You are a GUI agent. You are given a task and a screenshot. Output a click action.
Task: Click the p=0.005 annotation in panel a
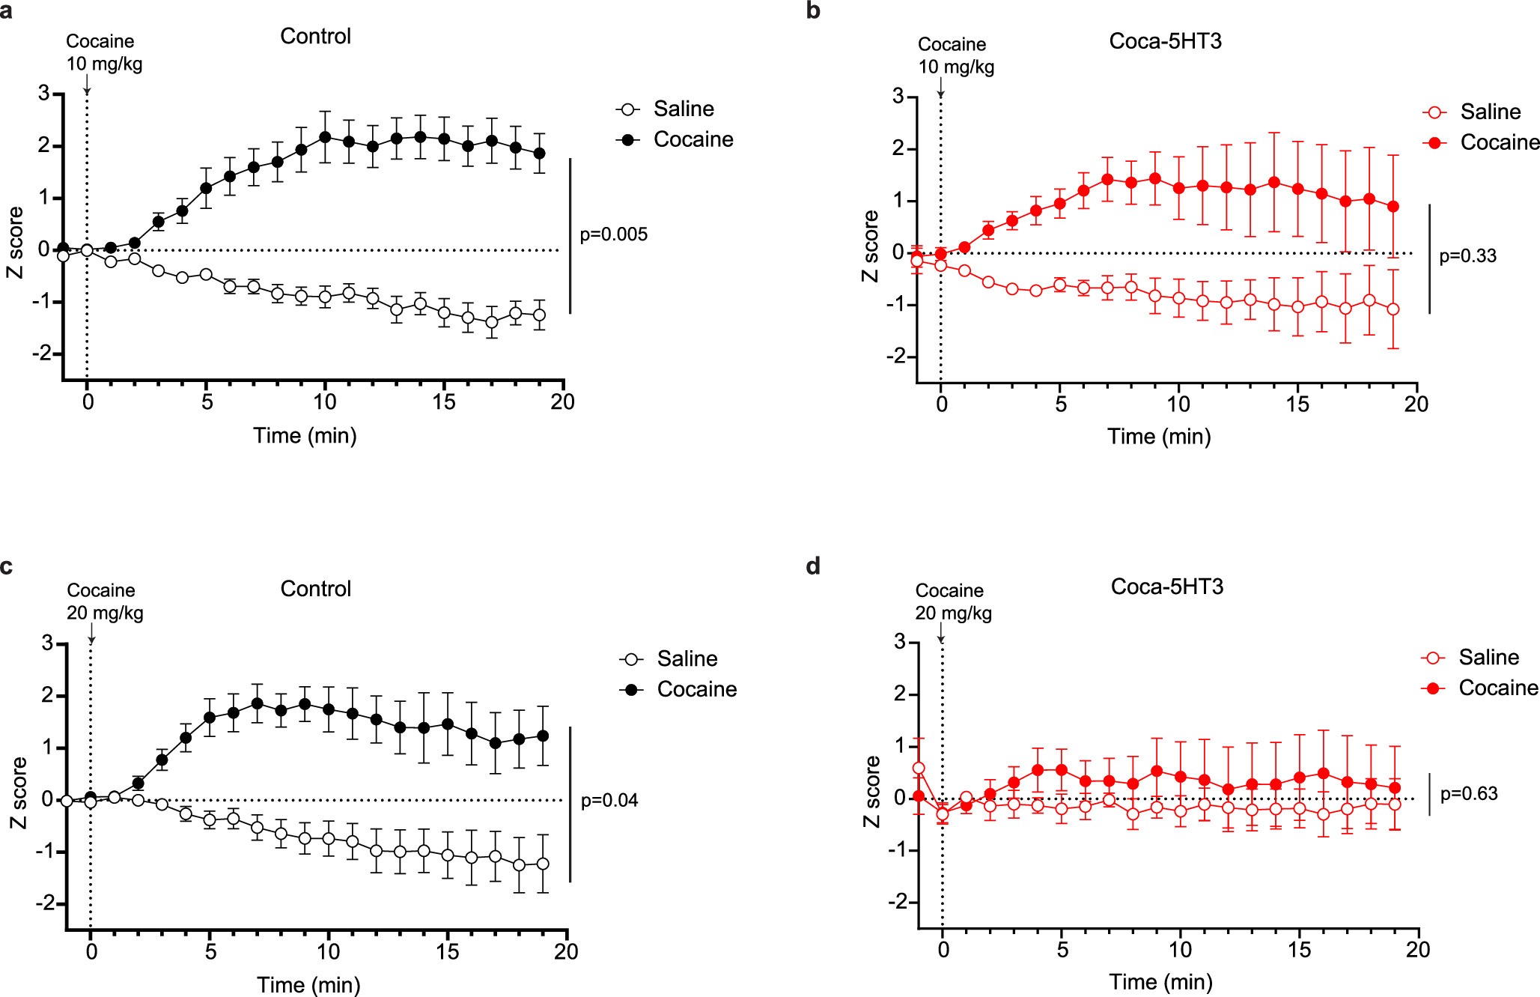click(x=613, y=234)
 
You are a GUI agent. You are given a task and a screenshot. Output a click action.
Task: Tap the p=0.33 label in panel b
click(x=1467, y=256)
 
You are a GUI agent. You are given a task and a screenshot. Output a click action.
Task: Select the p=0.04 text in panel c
click(x=609, y=801)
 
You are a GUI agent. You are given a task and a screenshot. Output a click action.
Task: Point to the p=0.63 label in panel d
click(x=1468, y=794)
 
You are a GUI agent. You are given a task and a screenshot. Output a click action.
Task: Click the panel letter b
click(x=813, y=11)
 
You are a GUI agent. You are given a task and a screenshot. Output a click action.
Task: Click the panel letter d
click(x=813, y=566)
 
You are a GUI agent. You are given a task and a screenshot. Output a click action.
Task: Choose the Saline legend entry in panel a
click(x=683, y=109)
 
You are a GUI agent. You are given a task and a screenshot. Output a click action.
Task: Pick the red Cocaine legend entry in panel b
click(x=1499, y=142)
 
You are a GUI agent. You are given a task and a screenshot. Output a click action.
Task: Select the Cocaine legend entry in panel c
click(x=696, y=689)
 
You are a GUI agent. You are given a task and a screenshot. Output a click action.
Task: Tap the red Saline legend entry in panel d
click(x=1488, y=658)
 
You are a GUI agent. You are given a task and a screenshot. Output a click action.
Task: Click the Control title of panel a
click(x=315, y=37)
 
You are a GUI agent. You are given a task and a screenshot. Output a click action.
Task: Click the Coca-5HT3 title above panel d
click(x=1166, y=587)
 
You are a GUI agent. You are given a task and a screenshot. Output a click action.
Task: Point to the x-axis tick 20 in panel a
click(x=562, y=402)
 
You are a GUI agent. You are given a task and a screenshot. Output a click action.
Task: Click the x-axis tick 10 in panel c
click(x=328, y=951)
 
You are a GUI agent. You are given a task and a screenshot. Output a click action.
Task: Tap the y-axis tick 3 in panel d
click(x=899, y=642)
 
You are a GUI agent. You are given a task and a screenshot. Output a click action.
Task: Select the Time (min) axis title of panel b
click(x=1159, y=437)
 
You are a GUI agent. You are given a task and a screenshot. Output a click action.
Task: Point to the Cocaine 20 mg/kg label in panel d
click(x=952, y=601)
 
